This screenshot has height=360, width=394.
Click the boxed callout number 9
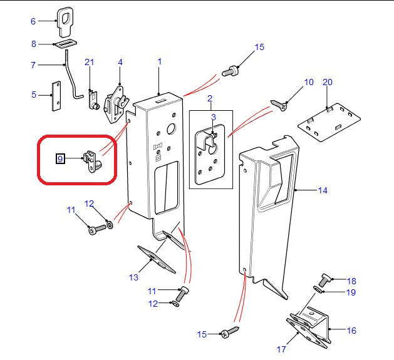pyautogui.click(x=60, y=159)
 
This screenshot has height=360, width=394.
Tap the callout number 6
pyautogui.click(x=33, y=21)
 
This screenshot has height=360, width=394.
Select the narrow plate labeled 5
pyautogui.click(x=56, y=95)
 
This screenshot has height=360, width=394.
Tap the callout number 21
pyautogui.click(x=89, y=61)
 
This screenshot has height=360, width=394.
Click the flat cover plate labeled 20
pyautogui.click(x=329, y=121)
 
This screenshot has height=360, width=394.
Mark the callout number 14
pyautogui.click(x=322, y=190)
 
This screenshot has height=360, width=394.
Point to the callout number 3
pyautogui.click(x=213, y=116)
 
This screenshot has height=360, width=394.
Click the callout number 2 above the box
pyautogui.click(x=210, y=98)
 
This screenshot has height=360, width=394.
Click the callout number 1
pyautogui.click(x=160, y=61)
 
